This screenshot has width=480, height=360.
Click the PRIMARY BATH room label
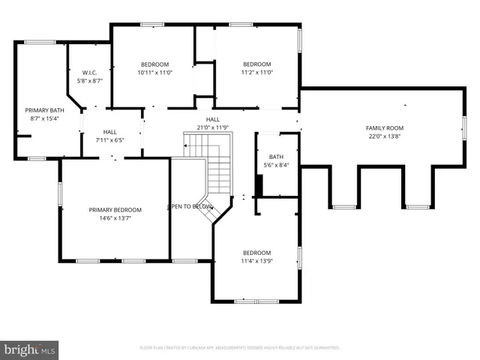pyautogui.click(x=43, y=110)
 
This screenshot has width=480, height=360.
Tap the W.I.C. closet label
pyautogui.click(x=89, y=72)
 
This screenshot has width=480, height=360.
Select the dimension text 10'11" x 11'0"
pyautogui.click(x=154, y=72)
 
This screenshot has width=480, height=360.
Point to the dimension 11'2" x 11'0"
pyautogui.click(x=256, y=72)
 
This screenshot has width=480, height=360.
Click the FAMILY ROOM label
pyautogui.click(x=385, y=128)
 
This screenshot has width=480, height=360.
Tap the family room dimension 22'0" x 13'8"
pyautogui.click(x=385, y=136)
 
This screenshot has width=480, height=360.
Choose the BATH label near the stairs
pyautogui.click(x=277, y=157)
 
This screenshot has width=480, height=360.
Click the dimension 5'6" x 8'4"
pyautogui.click(x=277, y=165)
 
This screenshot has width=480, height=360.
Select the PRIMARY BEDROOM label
pyautogui.click(x=115, y=210)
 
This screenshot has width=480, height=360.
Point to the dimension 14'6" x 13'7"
pyautogui.click(x=115, y=218)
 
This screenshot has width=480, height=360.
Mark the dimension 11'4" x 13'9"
pyautogui.click(x=256, y=261)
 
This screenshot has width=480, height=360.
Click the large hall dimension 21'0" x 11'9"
pyautogui.click(x=213, y=127)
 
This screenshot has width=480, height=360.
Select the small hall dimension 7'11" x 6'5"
pyautogui.click(x=109, y=139)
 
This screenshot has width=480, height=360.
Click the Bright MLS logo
pyautogui.click(x=29, y=349)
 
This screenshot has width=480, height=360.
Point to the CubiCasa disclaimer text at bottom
pyautogui.click(x=240, y=348)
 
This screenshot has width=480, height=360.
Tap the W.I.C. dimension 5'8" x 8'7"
pyautogui.click(x=89, y=80)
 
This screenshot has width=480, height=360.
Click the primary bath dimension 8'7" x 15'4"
pyautogui.click(x=43, y=118)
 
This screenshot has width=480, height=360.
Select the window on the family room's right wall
pyautogui.click(x=464, y=128)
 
